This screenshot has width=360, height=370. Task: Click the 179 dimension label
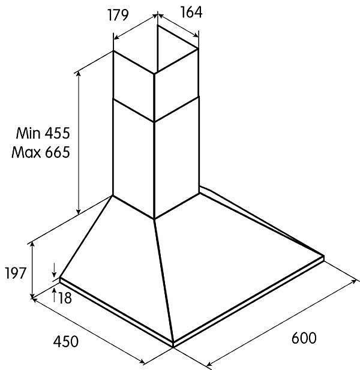(118, 16)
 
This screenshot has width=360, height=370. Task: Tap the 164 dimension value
(191, 12)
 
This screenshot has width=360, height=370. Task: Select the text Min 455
(43, 133)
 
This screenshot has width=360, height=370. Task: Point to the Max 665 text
(41, 152)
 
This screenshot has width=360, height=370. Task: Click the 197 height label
(15, 273)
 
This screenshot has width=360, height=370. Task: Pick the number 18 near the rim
(65, 298)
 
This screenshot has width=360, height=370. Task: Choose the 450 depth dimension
(65, 342)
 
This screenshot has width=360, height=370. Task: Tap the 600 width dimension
(304, 338)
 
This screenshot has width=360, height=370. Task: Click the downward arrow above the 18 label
(54, 270)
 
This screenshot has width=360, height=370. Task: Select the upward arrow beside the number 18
(54, 294)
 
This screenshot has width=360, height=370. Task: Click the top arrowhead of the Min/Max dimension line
(79, 74)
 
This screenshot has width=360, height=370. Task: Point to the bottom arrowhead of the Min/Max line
(79, 211)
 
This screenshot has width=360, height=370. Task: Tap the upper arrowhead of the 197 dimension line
(32, 245)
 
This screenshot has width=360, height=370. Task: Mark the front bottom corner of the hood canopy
(173, 347)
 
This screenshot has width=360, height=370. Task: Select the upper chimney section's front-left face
(134, 86)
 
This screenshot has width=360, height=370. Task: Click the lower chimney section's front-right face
(177, 158)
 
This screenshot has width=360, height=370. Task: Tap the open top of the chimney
(156, 50)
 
